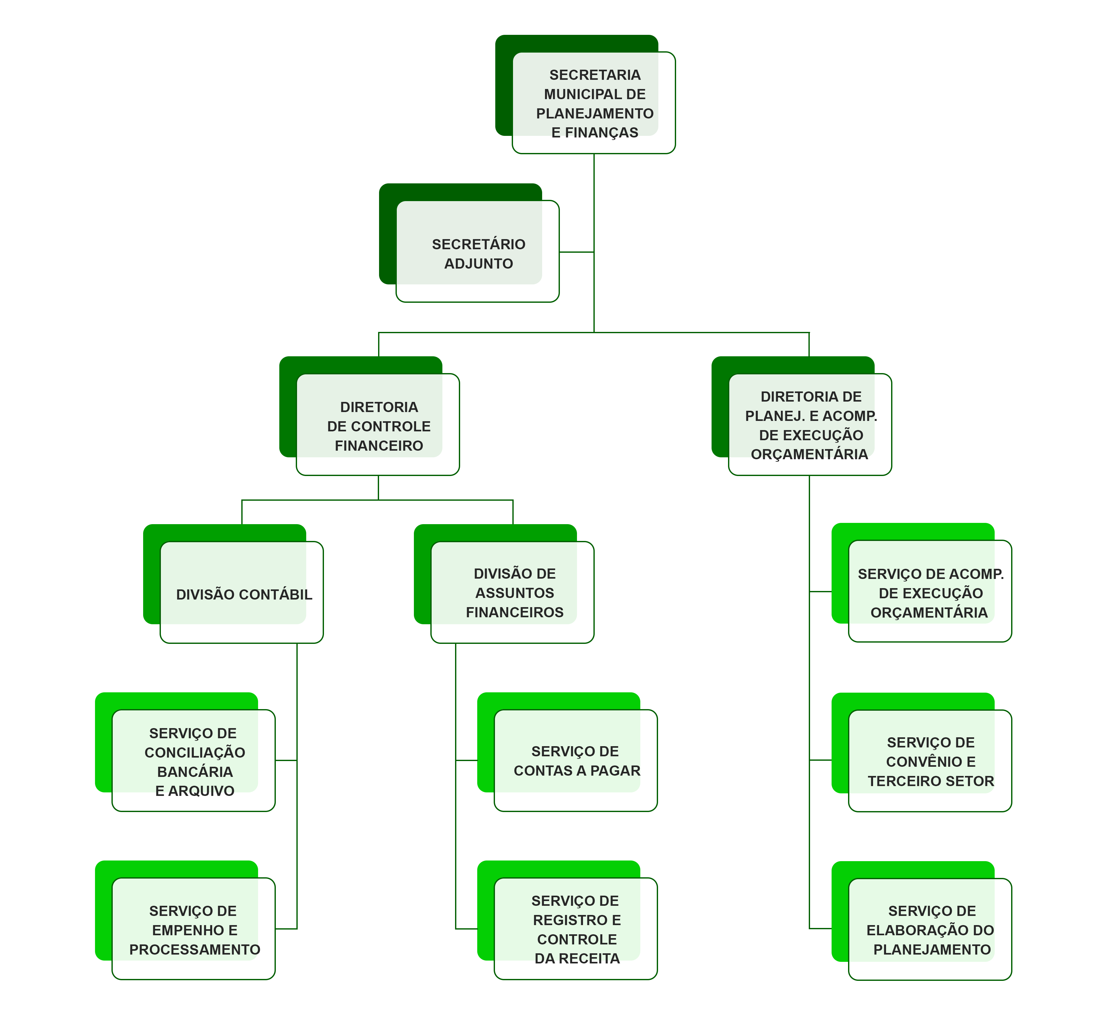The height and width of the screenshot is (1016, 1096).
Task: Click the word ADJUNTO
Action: coord(478,264)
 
